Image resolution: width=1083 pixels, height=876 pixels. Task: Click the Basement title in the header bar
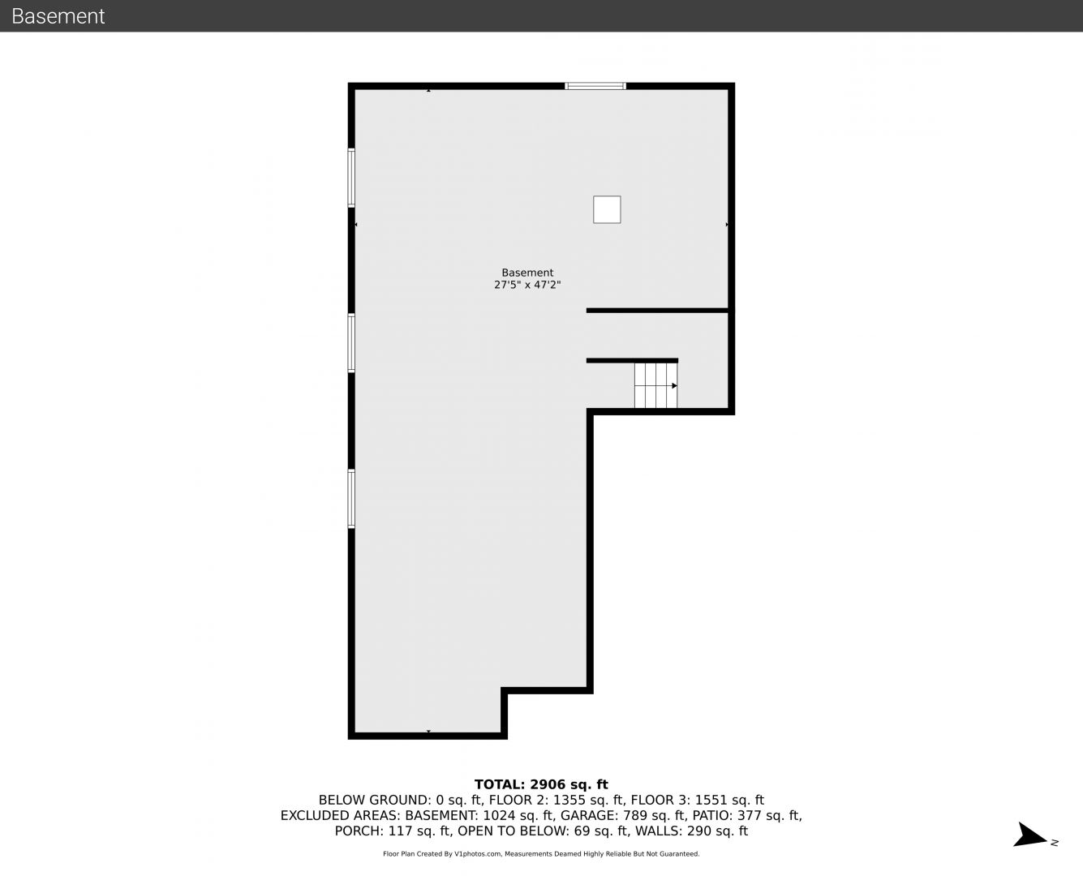pyautogui.click(x=58, y=16)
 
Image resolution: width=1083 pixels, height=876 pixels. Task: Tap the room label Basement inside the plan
pyautogui.click(x=527, y=273)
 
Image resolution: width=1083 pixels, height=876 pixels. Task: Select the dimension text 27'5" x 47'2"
pyautogui.click(x=527, y=285)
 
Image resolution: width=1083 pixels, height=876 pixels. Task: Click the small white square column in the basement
pyautogui.click(x=607, y=209)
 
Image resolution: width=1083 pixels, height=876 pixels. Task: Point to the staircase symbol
pyautogui.click(x=656, y=385)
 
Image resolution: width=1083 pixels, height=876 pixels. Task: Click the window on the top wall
pyautogui.click(x=595, y=86)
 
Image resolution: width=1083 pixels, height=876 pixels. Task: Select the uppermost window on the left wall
pyautogui.click(x=351, y=178)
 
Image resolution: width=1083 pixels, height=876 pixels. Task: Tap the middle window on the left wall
pyautogui.click(x=351, y=342)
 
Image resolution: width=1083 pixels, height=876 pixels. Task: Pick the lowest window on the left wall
pyautogui.click(x=351, y=499)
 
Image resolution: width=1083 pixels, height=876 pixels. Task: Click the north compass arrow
pyautogui.click(x=1029, y=835)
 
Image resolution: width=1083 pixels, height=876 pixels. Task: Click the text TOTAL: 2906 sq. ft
pyautogui.click(x=541, y=784)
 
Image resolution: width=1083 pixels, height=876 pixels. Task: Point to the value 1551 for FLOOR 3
pyautogui.click(x=711, y=801)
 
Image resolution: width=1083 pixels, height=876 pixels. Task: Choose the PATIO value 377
pyautogui.click(x=750, y=816)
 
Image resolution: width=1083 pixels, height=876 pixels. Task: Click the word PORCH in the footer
pyautogui.click(x=356, y=831)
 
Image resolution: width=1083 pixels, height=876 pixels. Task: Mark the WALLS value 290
pyautogui.click(x=699, y=831)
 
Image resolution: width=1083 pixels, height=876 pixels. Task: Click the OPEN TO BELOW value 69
pyautogui.click(x=582, y=831)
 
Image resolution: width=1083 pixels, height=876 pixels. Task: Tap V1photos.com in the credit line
pyautogui.click(x=478, y=854)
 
